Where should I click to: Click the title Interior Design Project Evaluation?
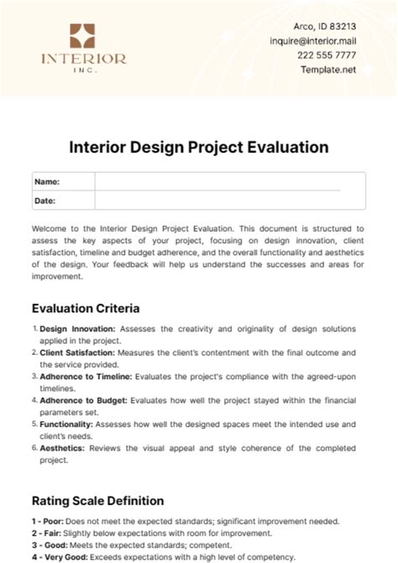coord(198,147)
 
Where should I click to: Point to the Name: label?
coord(47,181)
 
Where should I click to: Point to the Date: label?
coord(45,201)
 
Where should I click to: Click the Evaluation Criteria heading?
coord(86,308)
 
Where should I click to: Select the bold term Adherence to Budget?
coord(81,401)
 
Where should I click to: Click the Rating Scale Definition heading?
coord(97,501)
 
